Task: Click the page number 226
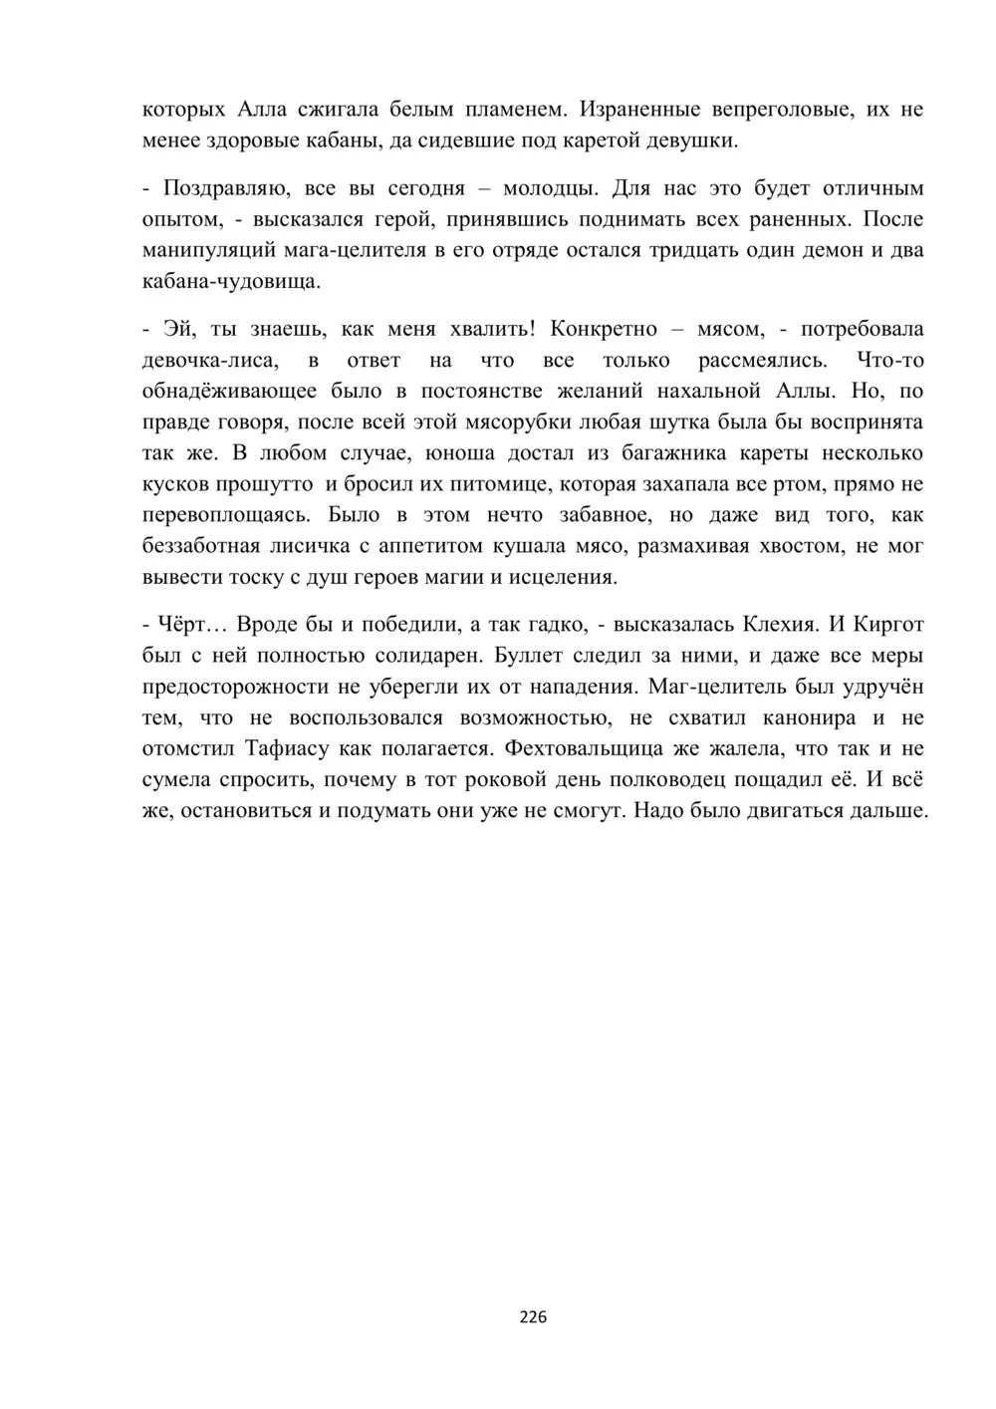(x=533, y=1316)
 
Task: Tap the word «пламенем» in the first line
(x=517, y=109)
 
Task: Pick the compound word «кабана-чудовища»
(x=232, y=281)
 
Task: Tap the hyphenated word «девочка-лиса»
(x=215, y=360)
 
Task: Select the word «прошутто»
(x=267, y=484)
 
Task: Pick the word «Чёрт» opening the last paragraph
(x=180, y=625)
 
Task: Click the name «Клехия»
(x=779, y=625)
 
